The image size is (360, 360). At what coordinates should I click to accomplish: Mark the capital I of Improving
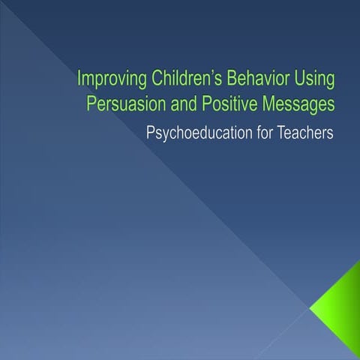(x=80, y=79)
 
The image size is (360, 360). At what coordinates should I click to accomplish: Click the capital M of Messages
(x=268, y=103)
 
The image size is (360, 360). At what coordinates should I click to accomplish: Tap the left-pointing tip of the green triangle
(x=310, y=307)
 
